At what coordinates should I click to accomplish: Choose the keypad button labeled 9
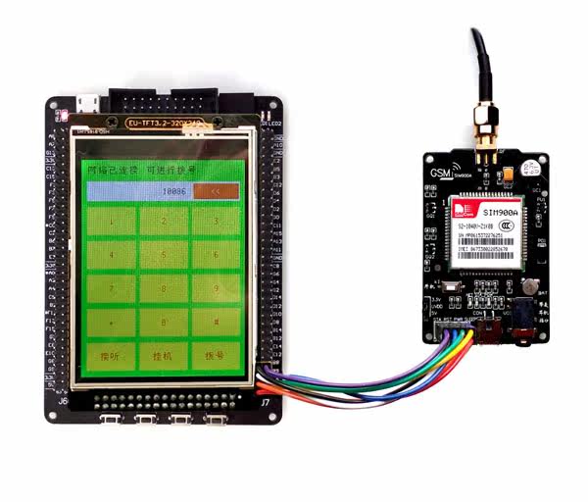point(213,289)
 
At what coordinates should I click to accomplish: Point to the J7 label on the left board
point(263,402)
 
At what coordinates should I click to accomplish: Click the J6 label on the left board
point(62,401)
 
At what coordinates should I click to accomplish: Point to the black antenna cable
point(480,59)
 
